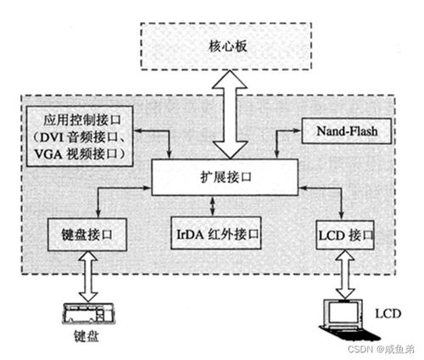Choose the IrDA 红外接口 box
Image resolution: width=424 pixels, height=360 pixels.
pos(212,232)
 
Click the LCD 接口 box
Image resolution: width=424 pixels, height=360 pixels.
pos(343,232)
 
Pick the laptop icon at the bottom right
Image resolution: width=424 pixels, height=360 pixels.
pos(343,318)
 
